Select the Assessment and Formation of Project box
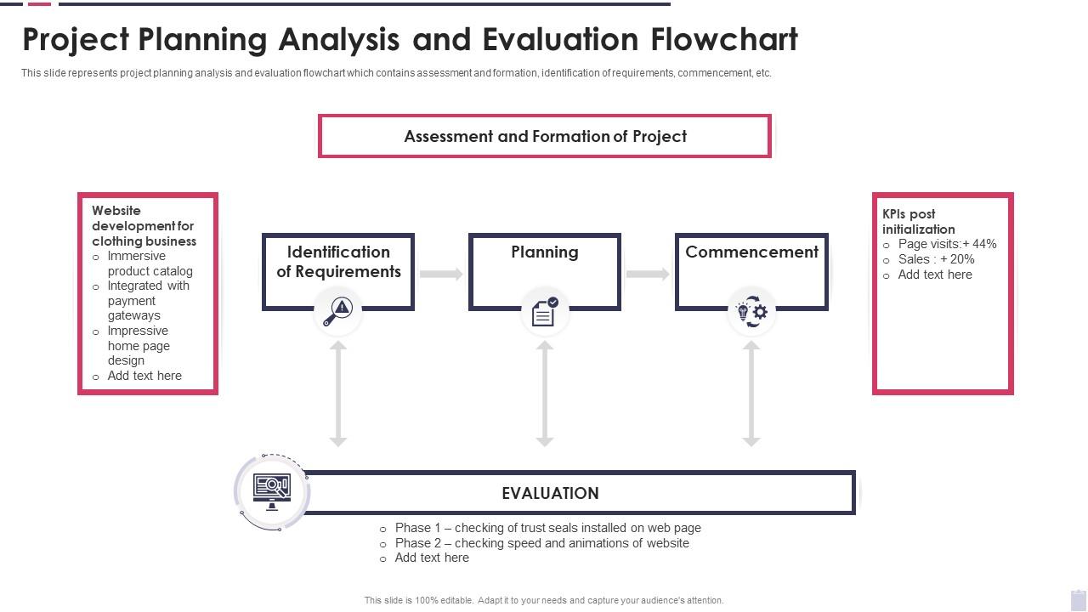point(545,136)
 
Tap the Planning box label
point(545,252)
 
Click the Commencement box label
point(751,252)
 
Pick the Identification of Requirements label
point(338,262)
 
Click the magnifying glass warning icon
point(338,312)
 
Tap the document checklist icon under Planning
point(544,313)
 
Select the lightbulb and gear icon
point(751,312)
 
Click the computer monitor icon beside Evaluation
point(272,491)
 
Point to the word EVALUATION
point(550,493)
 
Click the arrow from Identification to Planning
point(441,274)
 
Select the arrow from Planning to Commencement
point(648,274)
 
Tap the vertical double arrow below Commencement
point(751,394)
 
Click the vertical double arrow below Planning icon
point(545,394)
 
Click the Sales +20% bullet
point(936,259)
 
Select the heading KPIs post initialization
point(918,222)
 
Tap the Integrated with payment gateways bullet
point(148,301)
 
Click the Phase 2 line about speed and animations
point(541,543)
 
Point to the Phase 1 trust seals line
point(547,528)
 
